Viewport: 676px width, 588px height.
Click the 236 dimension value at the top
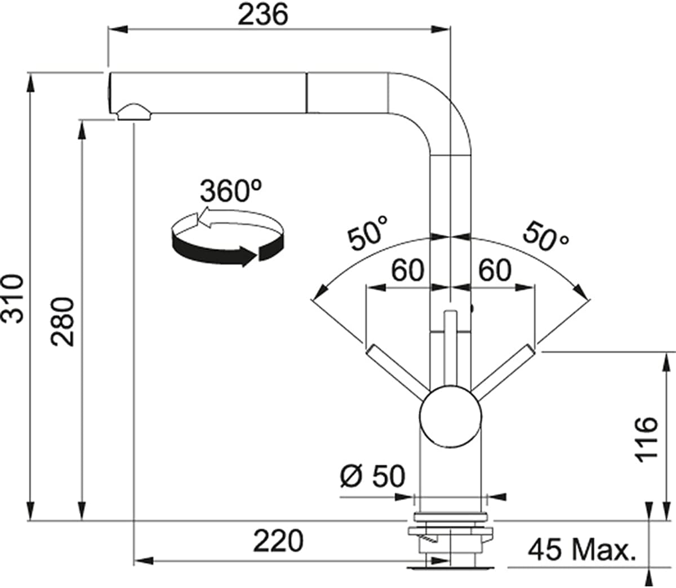click(263, 15)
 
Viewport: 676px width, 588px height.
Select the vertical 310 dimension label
click(12, 298)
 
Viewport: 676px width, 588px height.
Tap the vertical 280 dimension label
click(62, 322)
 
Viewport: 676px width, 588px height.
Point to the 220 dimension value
click(278, 541)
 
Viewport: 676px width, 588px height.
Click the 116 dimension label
click(646, 440)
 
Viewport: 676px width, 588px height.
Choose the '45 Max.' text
click(582, 550)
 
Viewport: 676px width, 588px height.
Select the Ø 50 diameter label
click(372, 476)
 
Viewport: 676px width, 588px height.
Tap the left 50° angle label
click(367, 233)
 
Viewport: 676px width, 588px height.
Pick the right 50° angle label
click(545, 236)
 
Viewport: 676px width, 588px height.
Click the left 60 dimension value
click(407, 271)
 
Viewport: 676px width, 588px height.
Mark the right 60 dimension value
click(495, 271)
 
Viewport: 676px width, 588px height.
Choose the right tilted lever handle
click(502, 371)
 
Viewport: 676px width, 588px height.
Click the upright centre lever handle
click(450, 348)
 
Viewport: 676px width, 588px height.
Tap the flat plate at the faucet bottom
click(450, 568)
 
